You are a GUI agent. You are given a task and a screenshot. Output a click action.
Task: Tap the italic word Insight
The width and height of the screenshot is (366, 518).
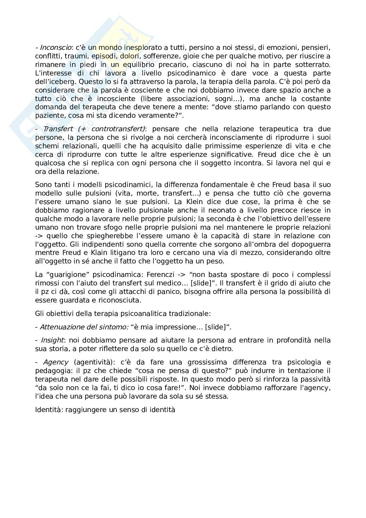pos(51,340)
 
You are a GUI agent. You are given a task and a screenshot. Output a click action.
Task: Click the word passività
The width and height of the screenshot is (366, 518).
pos(312,380)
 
